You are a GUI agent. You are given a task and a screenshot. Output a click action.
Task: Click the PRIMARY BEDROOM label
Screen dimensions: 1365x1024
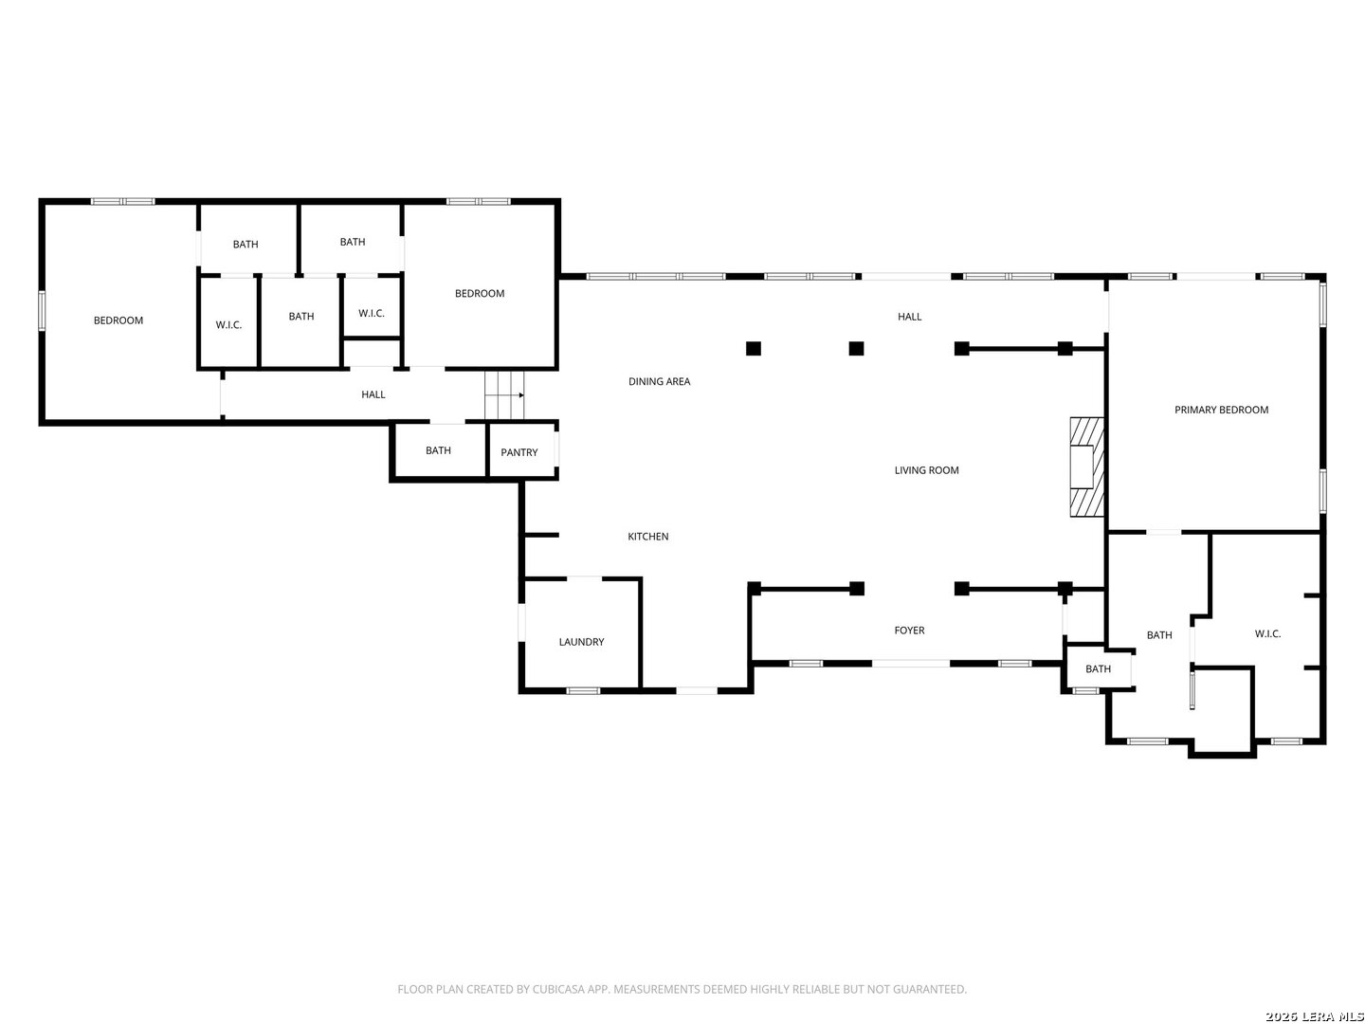[x=1221, y=410]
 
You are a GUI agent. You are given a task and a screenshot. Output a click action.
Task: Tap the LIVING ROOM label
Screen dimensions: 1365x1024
[x=926, y=470]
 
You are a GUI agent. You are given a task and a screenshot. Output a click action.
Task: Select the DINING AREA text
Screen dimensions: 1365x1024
[x=659, y=381]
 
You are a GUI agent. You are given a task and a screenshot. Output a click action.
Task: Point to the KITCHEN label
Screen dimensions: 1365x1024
[x=648, y=536]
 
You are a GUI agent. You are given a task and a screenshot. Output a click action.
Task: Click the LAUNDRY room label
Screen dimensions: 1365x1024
[x=581, y=642]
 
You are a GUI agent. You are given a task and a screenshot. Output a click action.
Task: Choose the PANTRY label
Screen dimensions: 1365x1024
[x=519, y=452]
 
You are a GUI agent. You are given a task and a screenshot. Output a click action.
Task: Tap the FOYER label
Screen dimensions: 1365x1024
[x=909, y=630]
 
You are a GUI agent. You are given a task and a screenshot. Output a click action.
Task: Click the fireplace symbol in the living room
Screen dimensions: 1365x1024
[x=1086, y=466]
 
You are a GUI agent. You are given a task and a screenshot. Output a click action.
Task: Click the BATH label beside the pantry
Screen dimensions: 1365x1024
[x=438, y=450]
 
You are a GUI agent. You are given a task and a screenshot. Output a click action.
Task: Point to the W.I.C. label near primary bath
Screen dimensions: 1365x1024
[x=1267, y=633]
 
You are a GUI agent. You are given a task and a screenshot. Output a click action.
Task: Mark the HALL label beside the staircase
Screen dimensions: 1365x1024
[x=373, y=394]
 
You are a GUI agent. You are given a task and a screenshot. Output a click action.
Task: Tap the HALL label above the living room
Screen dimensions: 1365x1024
[x=909, y=317]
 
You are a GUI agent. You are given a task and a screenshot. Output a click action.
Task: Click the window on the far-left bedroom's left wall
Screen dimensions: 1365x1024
[x=43, y=310]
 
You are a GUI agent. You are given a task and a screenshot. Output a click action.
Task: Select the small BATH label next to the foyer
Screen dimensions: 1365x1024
[x=1098, y=668]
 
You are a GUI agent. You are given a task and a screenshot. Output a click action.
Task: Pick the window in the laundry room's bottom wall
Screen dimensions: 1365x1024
[x=583, y=690]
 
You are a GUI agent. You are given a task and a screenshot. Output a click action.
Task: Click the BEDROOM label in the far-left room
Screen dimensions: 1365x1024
[x=118, y=320]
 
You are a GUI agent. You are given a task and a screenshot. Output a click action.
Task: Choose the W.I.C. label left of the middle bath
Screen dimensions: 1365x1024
[x=228, y=324]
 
